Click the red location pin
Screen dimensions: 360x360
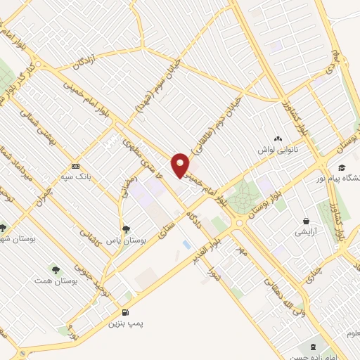point(181,165)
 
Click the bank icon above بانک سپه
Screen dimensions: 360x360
point(75,166)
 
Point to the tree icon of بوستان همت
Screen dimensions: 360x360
point(54,269)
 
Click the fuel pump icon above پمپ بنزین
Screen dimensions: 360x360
point(126,312)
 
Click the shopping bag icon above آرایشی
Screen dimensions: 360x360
point(306,221)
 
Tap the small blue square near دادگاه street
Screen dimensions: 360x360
point(186,244)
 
